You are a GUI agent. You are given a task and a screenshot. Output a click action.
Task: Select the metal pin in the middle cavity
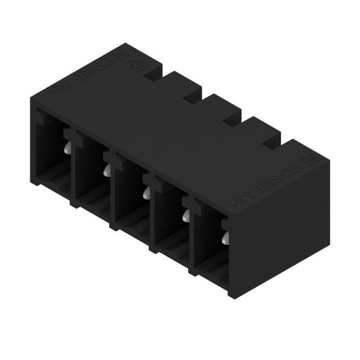click(x=146, y=194)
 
